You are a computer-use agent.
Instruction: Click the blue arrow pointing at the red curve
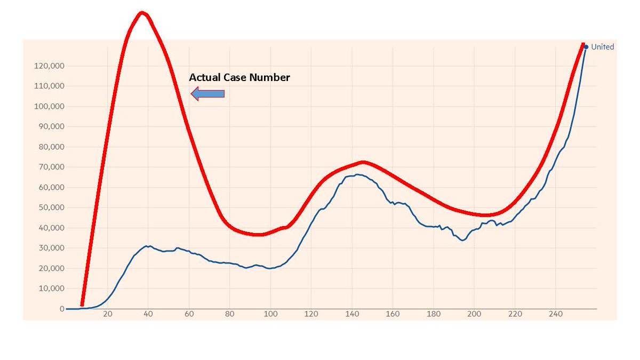click(x=207, y=94)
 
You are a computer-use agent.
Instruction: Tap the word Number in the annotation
click(x=271, y=77)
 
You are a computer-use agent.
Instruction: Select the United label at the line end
click(x=603, y=47)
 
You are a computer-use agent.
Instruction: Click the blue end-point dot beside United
click(x=586, y=47)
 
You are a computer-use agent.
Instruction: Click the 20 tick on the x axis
click(x=108, y=314)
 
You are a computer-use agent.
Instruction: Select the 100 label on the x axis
click(x=270, y=314)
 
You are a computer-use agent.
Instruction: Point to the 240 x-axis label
click(x=556, y=314)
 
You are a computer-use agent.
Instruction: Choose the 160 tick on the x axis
click(x=393, y=314)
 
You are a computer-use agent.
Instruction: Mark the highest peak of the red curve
click(x=141, y=13)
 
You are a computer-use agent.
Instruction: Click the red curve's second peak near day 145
click(x=363, y=162)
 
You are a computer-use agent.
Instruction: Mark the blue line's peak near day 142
click(x=356, y=174)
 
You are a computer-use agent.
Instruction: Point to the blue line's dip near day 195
click(x=462, y=241)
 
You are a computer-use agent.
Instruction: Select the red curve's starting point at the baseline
click(x=82, y=304)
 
